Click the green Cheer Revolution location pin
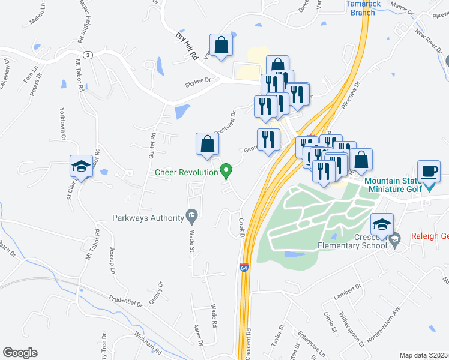[226, 172]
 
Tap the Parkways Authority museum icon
[191, 215]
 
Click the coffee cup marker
[428, 172]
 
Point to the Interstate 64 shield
[244, 268]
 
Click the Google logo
[20, 352]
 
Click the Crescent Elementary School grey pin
[394, 241]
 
